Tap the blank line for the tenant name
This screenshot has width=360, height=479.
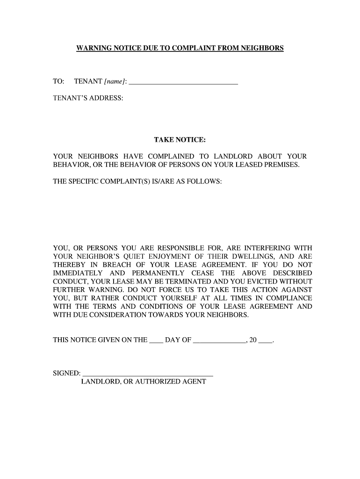click(x=183, y=82)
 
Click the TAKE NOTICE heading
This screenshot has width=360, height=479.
click(x=180, y=140)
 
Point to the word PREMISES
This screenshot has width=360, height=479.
click(x=279, y=165)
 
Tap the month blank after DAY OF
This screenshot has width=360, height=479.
click(x=219, y=341)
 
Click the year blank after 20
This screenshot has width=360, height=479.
click(x=265, y=341)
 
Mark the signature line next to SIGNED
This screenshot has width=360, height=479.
click(x=148, y=374)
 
